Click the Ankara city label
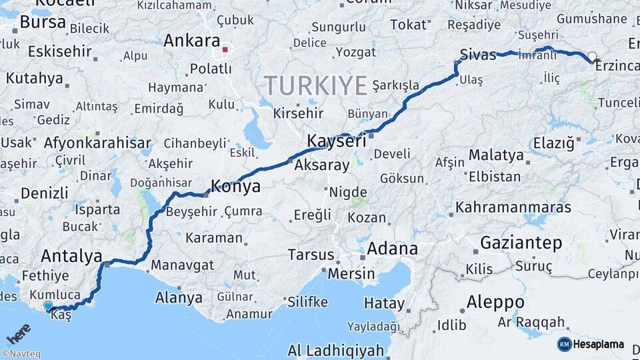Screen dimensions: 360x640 (191, 40)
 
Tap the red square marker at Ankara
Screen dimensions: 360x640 (225, 49)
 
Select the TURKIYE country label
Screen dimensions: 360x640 (316, 86)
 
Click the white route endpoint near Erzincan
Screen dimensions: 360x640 (591, 57)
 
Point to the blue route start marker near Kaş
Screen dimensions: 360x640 (48, 306)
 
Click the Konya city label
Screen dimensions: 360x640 (235, 186)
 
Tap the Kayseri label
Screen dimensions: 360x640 (337, 141)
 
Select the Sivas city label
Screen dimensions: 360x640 (478, 55)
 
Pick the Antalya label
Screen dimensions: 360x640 (71, 256)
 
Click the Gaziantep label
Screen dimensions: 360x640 (521, 243)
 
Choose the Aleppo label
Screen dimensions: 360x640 (495, 301)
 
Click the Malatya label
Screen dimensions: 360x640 (496, 155)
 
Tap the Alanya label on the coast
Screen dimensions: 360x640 (178, 297)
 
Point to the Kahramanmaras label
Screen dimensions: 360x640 (513, 207)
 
